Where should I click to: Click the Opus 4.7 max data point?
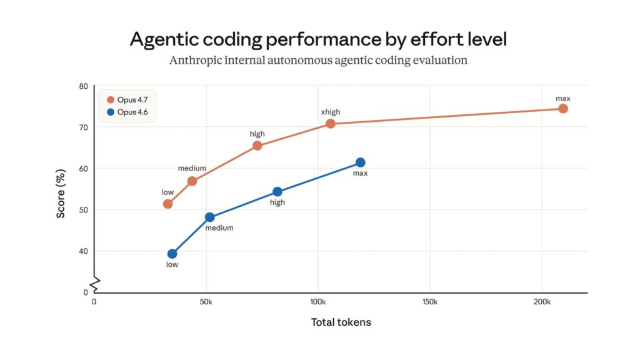[x=562, y=109]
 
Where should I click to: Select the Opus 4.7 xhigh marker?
[x=331, y=124]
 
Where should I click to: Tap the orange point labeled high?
[x=257, y=146]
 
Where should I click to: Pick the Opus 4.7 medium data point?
[x=192, y=181]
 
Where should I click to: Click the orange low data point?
[x=167, y=204]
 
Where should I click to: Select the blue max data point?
[x=360, y=162]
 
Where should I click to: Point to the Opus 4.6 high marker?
[x=277, y=192]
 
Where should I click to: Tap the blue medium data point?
[x=210, y=217]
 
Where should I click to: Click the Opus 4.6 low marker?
[x=172, y=254]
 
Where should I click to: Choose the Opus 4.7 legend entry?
[x=127, y=100]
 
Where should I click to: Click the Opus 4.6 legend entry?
[x=127, y=112]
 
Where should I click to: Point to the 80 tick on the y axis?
[x=82, y=86]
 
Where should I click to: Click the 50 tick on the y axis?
[x=82, y=210]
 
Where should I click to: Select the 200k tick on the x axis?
[x=542, y=302]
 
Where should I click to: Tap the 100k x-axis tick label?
[x=317, y=302]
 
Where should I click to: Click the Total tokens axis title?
[x=341, y=322]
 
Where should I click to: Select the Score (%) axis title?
[x=61, y=195]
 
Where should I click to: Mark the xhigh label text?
[x=331, y=112]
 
